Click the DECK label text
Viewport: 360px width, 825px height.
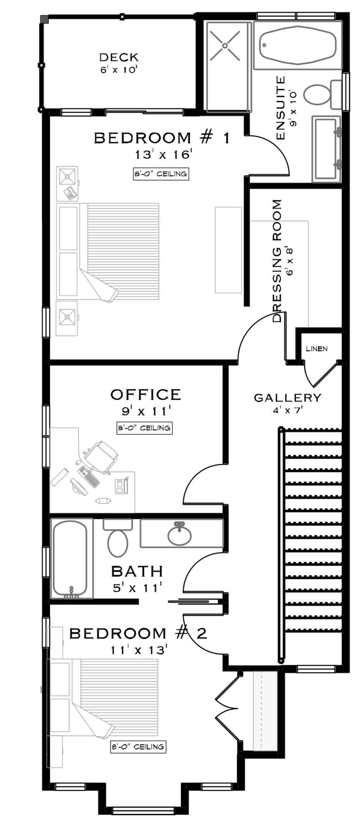119,57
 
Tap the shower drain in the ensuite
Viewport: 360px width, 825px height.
225,46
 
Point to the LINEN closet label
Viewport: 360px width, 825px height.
316,349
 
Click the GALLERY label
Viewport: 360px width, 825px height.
287,398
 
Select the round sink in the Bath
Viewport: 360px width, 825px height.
179,537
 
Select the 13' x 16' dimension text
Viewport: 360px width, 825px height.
161,155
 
